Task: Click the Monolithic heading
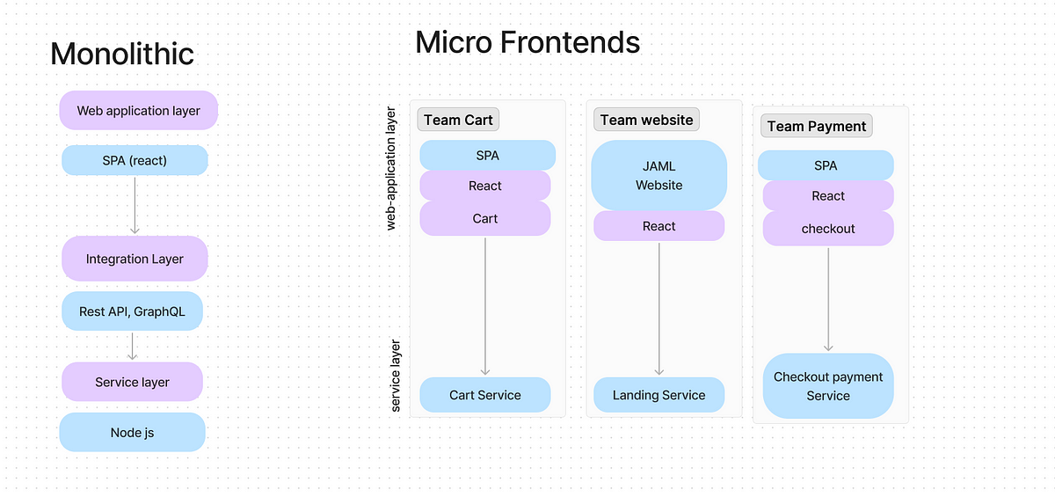pos(122,54)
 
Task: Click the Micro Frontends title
pos(527,42)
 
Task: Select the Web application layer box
pos(139,110)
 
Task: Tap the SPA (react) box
pos(135,160)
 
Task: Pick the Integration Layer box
pos(135,259)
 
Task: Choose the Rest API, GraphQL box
pos(133,311)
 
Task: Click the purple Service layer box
pos(133,382)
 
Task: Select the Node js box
pos(133,432)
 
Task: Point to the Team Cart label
pos(458,120)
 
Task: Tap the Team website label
pos(647,120)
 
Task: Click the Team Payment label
pos(817,126)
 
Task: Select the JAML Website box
pos(658,175)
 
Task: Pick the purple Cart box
pos(485,218)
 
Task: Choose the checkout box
pos(828,229)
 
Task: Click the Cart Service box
pos(485,395)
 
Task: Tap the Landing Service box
pos(658,395)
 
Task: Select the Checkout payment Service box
pos(828,386)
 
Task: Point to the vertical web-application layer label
pos(391,168)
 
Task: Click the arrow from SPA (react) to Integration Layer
pos(135,205)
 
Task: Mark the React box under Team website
pos(658,226)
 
